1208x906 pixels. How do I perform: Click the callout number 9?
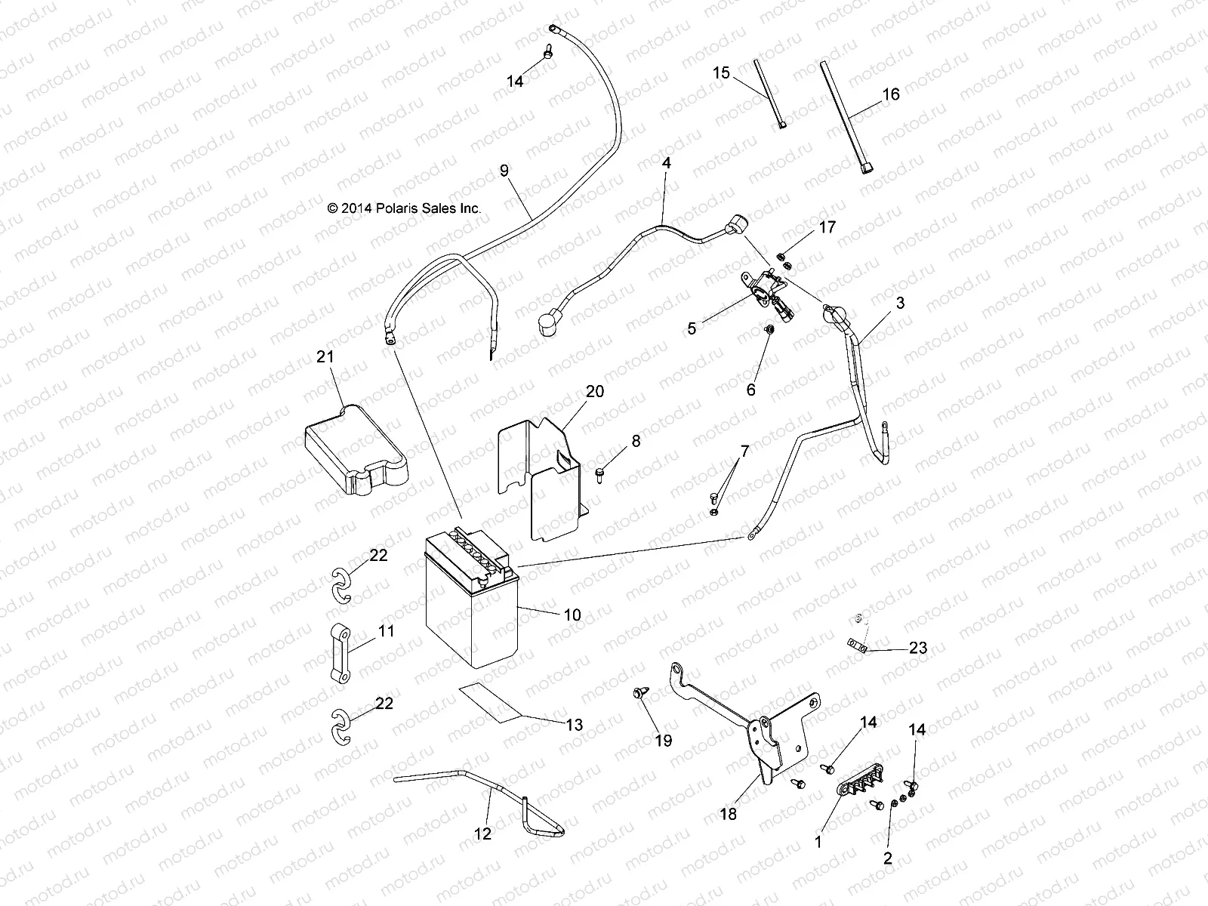click(x=525, y=171)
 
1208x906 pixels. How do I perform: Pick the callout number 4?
click(x=666, y=162)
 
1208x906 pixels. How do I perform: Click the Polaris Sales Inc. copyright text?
click(x=404, y=208)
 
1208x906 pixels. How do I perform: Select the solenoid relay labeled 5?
click(x=764, y=291)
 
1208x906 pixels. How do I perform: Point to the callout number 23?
click(x=918, y=648)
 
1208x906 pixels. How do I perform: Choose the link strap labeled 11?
click(x=346, y=653)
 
